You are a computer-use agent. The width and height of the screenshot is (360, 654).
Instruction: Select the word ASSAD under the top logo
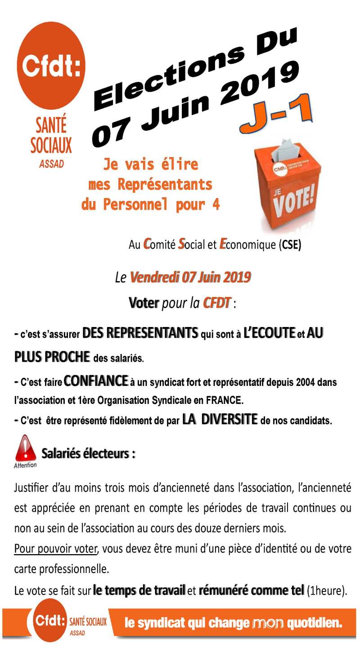point(51,164)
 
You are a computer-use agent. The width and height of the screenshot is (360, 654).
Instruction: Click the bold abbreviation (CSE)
point(290,245)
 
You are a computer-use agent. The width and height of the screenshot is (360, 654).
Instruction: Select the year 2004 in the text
point(310,383)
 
